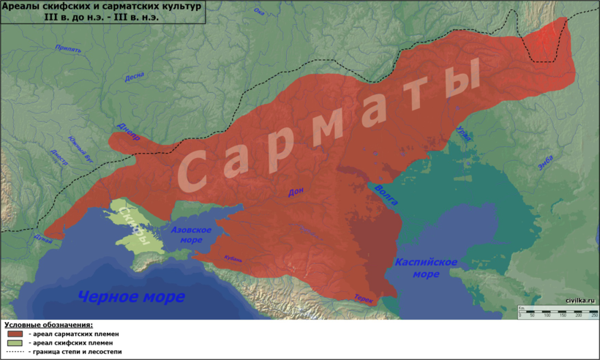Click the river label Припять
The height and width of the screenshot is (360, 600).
[67, 50]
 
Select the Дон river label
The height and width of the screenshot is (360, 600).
[296, 192]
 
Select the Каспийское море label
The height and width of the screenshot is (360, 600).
[426, 268]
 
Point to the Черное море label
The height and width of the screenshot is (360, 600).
[131, 296]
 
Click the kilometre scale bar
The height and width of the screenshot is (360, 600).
[558, 312]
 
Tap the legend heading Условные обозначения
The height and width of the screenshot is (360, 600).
[49, 324]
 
